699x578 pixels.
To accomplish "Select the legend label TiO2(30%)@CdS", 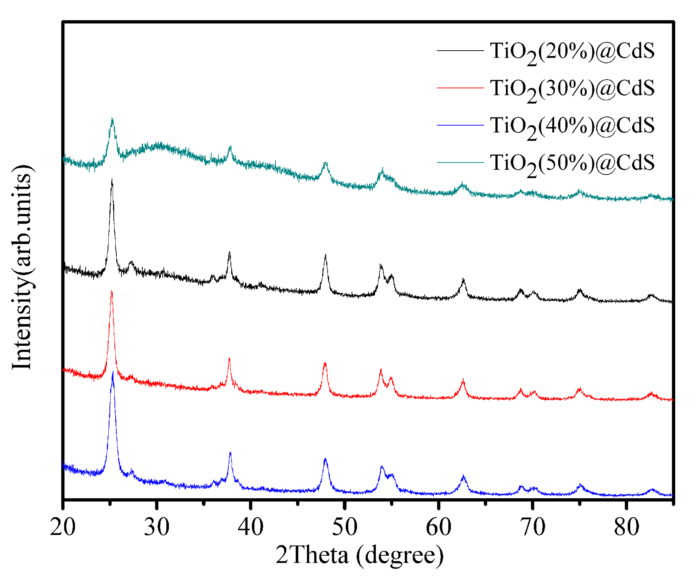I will tap(572, 89).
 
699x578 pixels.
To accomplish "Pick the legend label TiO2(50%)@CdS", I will tap(572, 164).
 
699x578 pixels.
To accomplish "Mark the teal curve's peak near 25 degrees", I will tap(112, 119).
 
